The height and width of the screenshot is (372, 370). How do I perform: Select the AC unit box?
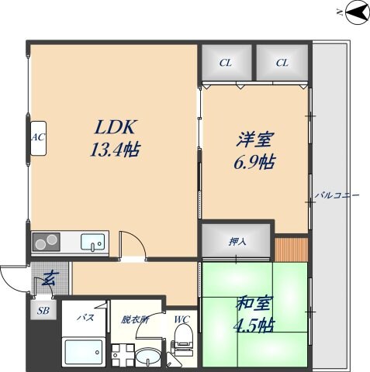point(36,137)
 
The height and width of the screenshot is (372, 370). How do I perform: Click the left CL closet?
point(225,62)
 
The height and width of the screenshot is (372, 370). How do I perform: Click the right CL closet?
point(282,62)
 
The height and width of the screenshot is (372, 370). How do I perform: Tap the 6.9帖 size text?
point(254,163)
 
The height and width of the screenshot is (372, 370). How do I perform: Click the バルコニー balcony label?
point(336,195)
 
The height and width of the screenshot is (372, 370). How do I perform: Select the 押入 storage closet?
point(237,241)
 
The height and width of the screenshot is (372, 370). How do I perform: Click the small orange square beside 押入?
point(292,250)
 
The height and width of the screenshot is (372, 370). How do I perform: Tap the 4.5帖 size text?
point(254,324)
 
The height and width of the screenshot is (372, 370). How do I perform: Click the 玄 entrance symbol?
point(48,277)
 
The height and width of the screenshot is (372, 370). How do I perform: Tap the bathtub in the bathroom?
point(85,353)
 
